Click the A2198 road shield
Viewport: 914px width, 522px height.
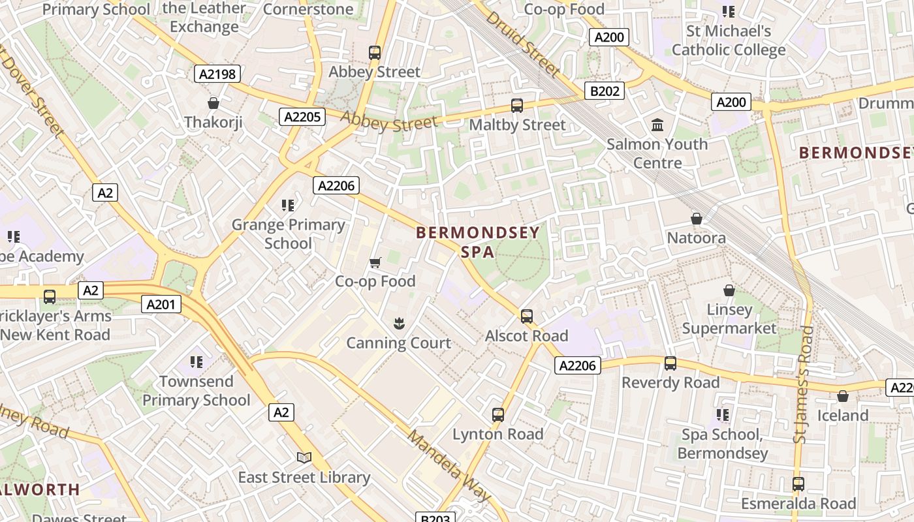pos(218,74)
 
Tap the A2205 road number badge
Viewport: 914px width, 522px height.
pos(302,117)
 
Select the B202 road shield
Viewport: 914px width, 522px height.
pos(604,91)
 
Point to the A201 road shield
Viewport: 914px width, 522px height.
pos(161,304)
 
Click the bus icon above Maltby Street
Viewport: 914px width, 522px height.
pos(517,105)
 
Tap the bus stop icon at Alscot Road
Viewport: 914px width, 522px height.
pos(527,316)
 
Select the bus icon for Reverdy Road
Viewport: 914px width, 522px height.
pos(670,363)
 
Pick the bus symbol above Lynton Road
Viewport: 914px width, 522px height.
pos(498,414)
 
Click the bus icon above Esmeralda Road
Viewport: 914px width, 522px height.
pos(798,484)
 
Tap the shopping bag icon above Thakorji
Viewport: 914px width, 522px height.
pos(213,103)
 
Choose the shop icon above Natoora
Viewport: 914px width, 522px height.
pos(697,219)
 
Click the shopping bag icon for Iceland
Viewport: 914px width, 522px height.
pos(843,396)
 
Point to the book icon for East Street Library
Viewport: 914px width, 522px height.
pos(304,457)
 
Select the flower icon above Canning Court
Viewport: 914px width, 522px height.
pos(398,323)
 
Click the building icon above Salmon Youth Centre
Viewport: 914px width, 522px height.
pos(657,125)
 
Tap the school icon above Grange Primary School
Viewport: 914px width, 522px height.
pos(288,206)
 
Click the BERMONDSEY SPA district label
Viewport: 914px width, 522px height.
pos(478,242)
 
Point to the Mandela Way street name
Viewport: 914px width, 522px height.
pos(449,465)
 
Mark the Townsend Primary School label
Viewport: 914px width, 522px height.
pos(197,391)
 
